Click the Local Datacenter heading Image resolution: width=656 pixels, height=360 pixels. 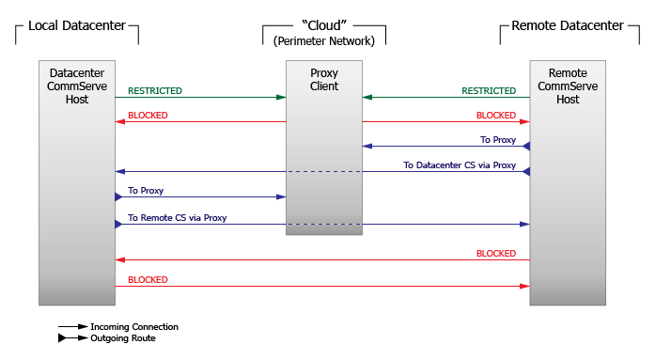click(x=76, y=25)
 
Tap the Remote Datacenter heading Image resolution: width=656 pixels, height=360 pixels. click(x=567, y=25)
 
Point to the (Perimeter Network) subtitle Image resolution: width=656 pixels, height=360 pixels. click(x=323, y=41)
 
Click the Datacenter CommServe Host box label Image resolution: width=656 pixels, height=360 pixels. click(x=77, y=86)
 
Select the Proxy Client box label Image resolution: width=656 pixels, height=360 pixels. click(x=323, y=80)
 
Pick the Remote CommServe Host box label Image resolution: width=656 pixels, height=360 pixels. click(x=568, y=86)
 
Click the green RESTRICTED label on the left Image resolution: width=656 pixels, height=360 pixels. click(x=155, y=91)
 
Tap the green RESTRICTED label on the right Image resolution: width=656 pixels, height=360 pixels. click(x=489, y=91)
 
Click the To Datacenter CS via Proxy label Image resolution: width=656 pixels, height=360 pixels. click(x=460, y=165)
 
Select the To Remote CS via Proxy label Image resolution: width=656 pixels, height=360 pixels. click(x=177, y=218)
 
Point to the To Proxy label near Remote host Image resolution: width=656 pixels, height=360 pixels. click(x=498, y=140)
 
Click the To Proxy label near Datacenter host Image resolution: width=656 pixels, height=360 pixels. click(x=146, y=191)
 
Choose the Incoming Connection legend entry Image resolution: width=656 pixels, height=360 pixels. click(x=134, y=327)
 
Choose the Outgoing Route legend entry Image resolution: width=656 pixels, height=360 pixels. click(x=123, y=338)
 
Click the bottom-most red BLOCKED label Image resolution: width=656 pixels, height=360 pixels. click(x=148, y=280)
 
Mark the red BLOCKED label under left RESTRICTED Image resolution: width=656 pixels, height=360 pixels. click(x=148, y=116)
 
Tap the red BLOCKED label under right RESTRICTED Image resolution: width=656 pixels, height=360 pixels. click(x=495, y=116)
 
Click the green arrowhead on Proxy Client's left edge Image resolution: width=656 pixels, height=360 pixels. click(x=281, y=97)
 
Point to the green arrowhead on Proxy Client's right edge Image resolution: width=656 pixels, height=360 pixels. click(x=367, y=97)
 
